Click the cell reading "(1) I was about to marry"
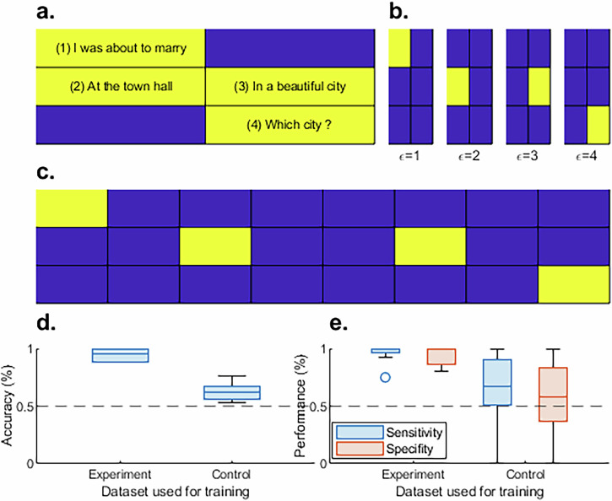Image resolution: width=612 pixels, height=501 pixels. [121, 47]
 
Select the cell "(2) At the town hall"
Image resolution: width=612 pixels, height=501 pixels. [121, 86]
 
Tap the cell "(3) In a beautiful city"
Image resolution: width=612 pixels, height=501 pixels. [289, 86]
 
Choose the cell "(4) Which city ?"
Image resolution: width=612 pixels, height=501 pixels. [289, 126]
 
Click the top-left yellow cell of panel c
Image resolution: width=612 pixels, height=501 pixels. [72, 208]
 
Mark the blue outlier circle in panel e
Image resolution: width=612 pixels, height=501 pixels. [385, 377]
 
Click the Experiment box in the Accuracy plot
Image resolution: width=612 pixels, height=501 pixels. [120, 355]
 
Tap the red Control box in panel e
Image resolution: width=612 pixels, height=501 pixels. [553, 394]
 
